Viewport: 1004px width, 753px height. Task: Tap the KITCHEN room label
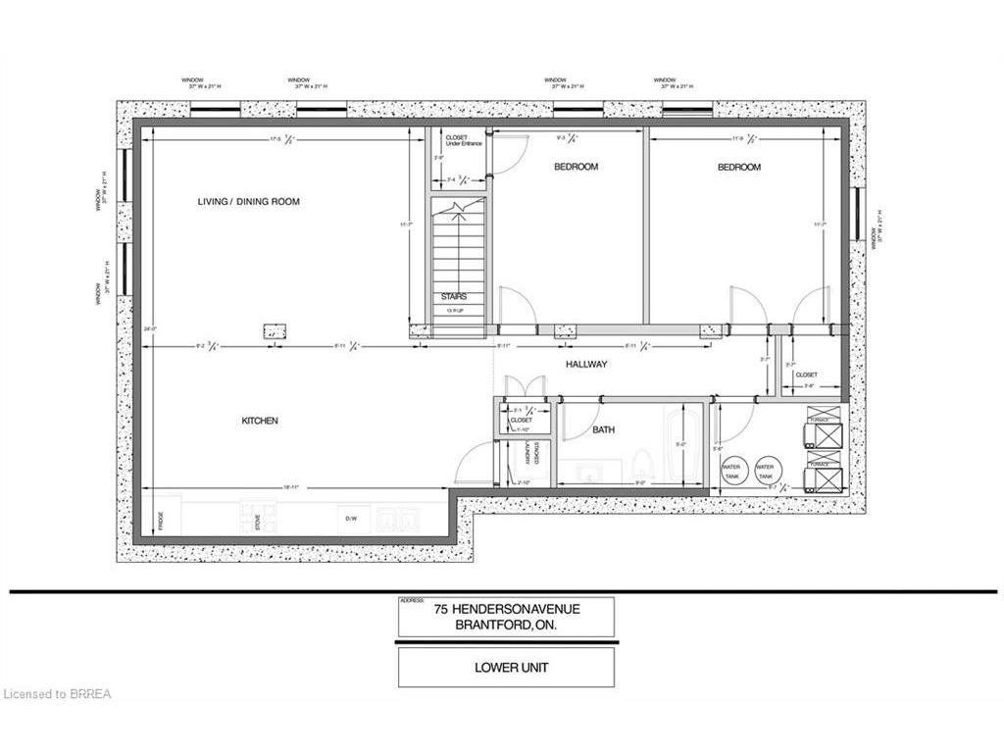[260, 421]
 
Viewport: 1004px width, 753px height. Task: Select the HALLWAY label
[587, 365]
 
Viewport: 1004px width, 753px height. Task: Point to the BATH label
[602, 429]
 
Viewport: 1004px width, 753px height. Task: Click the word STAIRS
[453, 295]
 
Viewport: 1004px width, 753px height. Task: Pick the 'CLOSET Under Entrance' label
[458, 141]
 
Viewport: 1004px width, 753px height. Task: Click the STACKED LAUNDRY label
[531, 452]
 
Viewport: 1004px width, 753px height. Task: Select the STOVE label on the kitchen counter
[258, 520]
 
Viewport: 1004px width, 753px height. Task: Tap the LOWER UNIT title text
[506, 667]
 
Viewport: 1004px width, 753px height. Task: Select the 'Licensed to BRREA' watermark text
[57, 694]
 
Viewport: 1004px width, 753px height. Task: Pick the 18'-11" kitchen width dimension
[291, 487]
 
